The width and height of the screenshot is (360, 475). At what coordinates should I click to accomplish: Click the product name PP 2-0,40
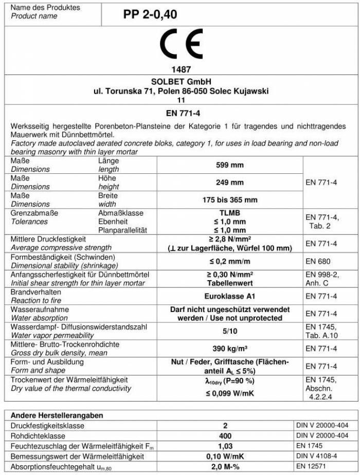150,15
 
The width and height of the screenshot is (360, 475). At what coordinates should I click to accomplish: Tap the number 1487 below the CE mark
180,69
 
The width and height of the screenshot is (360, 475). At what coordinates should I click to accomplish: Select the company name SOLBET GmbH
180,82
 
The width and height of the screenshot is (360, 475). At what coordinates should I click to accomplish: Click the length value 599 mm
229,166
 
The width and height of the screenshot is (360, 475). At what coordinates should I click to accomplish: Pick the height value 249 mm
229,182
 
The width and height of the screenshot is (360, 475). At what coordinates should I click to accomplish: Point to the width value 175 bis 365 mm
229,199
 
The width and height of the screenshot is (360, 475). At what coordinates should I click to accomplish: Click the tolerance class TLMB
229,213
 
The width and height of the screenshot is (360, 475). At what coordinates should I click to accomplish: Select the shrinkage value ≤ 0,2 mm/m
229,261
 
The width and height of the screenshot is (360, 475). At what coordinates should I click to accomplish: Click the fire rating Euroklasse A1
229,296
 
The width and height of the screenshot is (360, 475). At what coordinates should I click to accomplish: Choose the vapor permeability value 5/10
229,331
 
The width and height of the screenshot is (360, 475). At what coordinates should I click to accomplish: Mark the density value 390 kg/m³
229,349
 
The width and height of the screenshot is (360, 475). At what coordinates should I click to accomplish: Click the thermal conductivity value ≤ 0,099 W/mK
229,394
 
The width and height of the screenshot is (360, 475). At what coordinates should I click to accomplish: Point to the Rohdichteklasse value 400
229,435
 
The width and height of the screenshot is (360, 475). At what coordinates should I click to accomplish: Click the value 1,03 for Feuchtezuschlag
229,445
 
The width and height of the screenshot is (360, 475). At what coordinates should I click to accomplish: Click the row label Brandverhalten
32,292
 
